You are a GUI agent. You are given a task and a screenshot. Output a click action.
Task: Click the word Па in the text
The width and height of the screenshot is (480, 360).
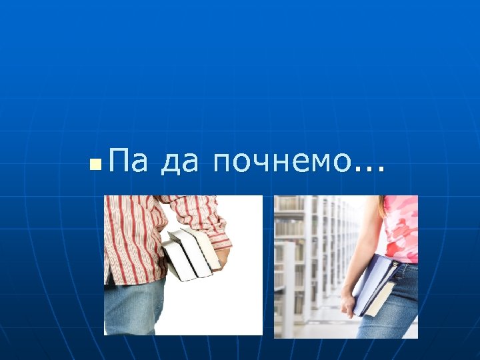click(x=129, y=162)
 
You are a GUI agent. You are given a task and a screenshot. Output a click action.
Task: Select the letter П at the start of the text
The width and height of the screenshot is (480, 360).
click(x=120, y=162)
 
